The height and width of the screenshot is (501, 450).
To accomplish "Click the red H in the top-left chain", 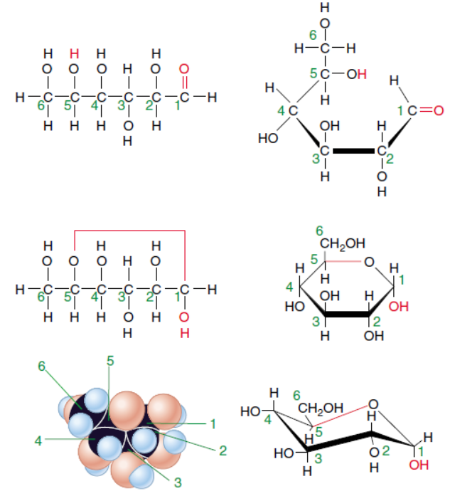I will [x=73, y=53].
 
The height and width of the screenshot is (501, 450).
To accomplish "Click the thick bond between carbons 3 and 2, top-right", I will [x=353, y=151].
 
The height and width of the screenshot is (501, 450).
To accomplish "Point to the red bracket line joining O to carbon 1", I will [x=129, y=231].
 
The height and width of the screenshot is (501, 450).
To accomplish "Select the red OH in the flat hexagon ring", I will [x=399, y=307].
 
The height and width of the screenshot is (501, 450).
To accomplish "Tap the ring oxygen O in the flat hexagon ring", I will [x=367, y=263].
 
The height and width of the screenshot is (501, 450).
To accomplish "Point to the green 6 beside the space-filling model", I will [x=42, y=366].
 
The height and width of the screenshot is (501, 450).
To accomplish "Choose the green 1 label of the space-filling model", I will [x=212, y=424].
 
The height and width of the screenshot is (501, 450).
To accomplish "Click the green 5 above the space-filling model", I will [x=110, y=360].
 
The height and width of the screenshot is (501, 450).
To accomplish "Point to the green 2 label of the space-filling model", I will [x=223, y=450].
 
